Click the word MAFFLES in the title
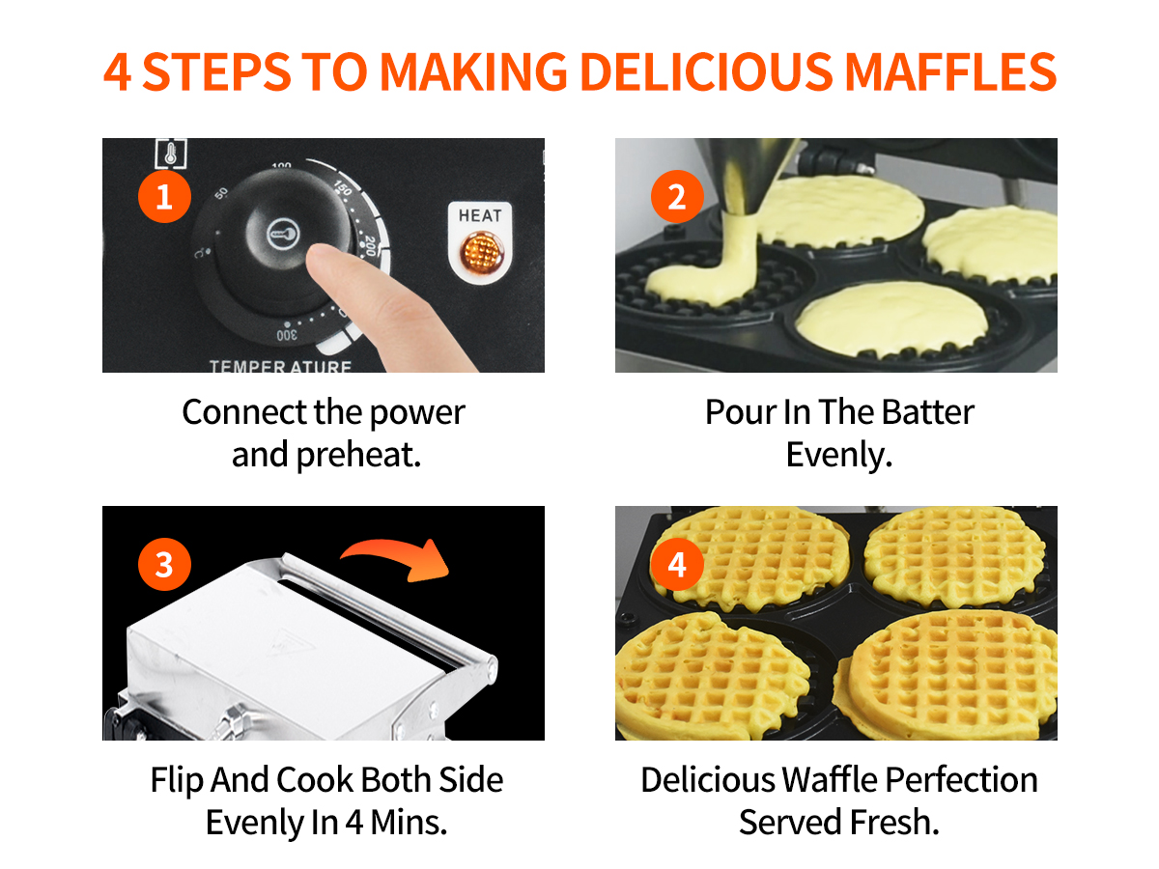click(x=949, y=71)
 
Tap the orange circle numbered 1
click(x=164, y=196)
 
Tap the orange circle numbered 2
click(x=677, y=196)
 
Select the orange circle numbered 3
click(x=164, y=564)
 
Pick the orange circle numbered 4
click(x=677, y=564)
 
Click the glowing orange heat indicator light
click(x=480, y=252)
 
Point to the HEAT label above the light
click(x=480, y=215)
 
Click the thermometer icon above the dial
click(x=171, y=154)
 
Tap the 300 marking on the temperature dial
click(x=287, y=335)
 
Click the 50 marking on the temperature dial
click(x=221, y=193)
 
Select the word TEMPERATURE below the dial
click(x=280, y=366)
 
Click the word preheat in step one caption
click(x=358, y=456)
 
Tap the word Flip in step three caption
click(x=177, y=781)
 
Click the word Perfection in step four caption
click(x=961, y=780)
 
